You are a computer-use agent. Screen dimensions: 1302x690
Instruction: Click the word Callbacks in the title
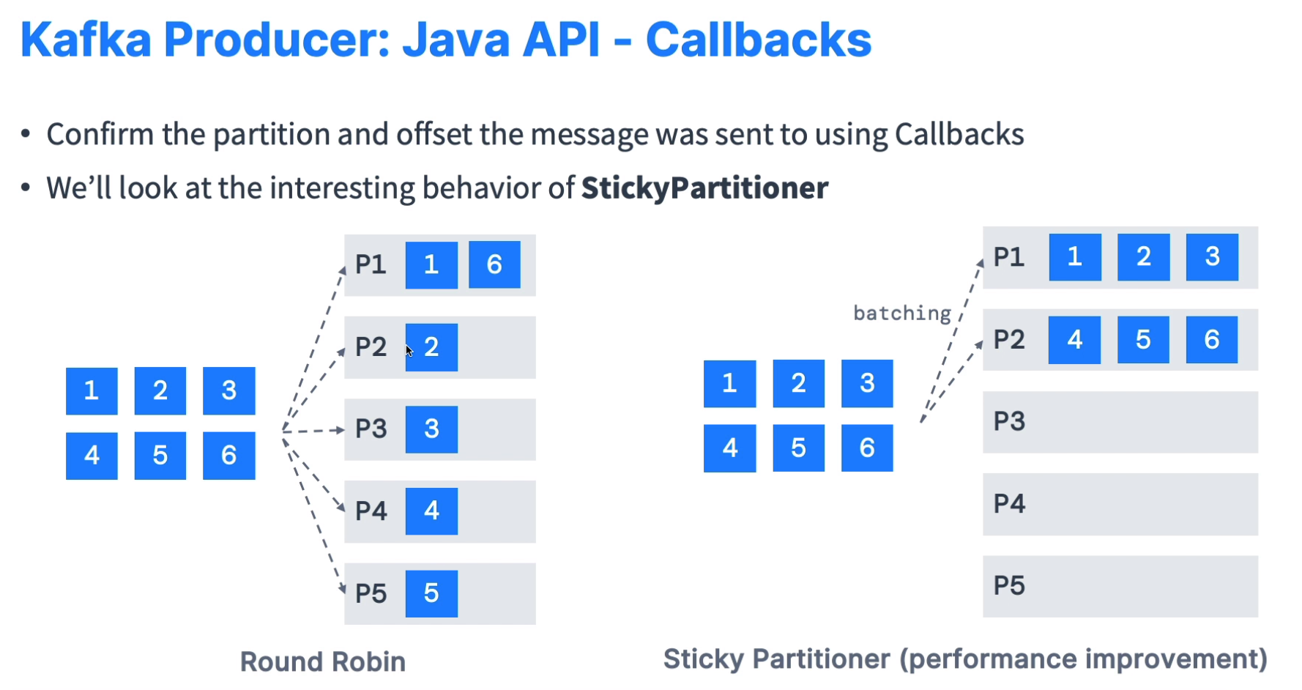[x=758, y=40]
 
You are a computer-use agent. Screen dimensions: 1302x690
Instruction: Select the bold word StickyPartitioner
[x=704, y=188]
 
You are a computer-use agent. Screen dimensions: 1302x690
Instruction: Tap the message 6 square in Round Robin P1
[x=494, y=264]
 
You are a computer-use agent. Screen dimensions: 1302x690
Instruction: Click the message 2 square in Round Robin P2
[x=432, y=347]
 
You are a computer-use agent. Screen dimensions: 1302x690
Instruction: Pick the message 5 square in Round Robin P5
[x=431, y=593]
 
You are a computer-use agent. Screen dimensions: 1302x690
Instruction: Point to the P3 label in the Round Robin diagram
[x=371, y=429]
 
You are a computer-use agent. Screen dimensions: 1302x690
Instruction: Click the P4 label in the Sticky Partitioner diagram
[x=1009, y=504]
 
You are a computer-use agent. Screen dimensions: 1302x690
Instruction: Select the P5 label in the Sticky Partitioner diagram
[x=1009, y=586]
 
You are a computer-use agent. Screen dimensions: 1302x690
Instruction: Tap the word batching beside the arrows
[x=901, y=314]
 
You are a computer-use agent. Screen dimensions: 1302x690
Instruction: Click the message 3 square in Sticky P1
[x=1212, y=257]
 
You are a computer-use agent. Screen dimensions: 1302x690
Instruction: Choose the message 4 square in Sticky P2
[x=1074, y=340]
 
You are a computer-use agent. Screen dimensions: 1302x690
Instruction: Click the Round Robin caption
[x=323, y=662]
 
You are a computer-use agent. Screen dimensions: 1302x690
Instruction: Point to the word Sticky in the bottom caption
[x=704, y=659]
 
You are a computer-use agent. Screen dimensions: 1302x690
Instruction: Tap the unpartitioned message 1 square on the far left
[x=92, y=390]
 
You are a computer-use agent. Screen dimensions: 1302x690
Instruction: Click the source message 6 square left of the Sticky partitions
[x=867, y=448]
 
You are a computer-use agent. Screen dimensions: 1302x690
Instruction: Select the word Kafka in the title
[x=86, y=40]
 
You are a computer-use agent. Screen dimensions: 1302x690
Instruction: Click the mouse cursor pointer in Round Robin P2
[x=409, y=351]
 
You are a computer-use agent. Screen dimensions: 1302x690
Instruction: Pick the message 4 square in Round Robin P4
[x=431, y=511]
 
